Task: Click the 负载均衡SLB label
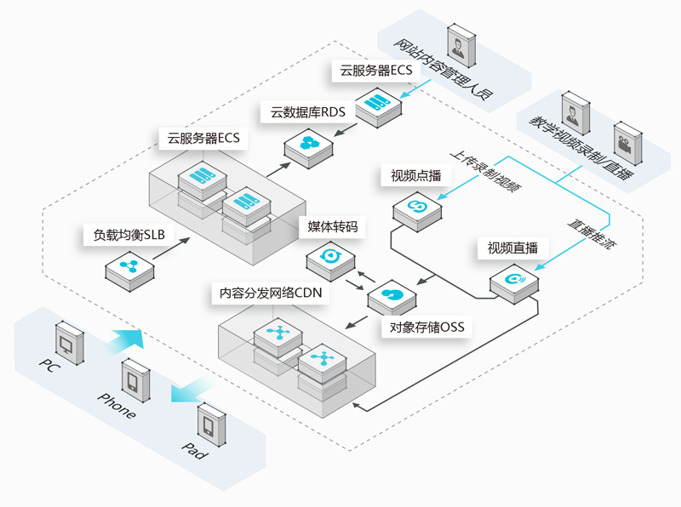tap(129, 235)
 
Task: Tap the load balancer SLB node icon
tap(129, 270)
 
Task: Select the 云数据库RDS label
tap(308, 112)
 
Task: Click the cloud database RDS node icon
tap(308, 147)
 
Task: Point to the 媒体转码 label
tap(332, 226)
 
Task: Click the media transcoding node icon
tap(330, 260)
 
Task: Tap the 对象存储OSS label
tap(426, 327)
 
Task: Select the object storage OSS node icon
tap(392, 298)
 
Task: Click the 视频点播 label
tap(415, 175)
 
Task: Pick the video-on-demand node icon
tap(417, 210)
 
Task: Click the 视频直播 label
tap(512, 248)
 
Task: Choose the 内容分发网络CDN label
tap(270, 293)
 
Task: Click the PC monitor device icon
tap(70, 343)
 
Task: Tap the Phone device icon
tap(135, 380)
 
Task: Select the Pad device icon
tap(211, 425)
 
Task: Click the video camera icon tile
tap(627, 144)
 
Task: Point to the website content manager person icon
tap(461, 46)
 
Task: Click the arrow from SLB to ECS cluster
tap(171, 248)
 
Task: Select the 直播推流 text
tap(592, 234)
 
